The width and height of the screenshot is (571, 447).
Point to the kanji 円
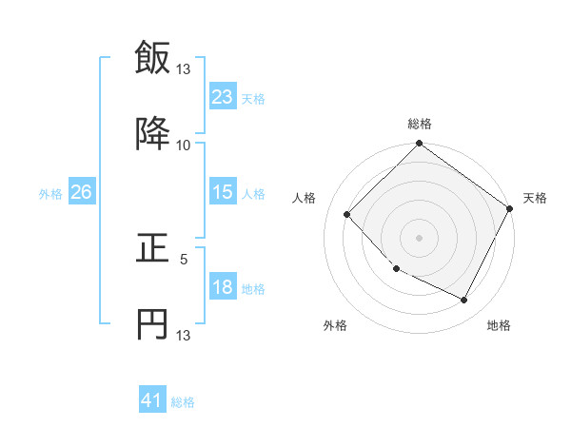click(x=152, y=324)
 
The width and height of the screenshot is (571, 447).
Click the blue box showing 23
click(x=222, y=96)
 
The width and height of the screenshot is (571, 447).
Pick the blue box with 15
click(x=222, y=192)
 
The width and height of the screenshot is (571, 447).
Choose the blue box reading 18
click(x=222, y=287)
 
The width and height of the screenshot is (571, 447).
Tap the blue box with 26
click(x=81, y=192)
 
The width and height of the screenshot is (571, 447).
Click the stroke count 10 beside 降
click(x=184, y=145)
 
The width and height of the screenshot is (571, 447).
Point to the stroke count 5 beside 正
click(x=184, y=258)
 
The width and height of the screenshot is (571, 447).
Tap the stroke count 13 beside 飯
click(x=184, y=68)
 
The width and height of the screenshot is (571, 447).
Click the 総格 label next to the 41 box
click(x=183, y=402)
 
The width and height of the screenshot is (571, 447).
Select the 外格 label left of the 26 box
click(x=50, y=193)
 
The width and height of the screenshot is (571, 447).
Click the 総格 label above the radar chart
click(x=419, y=124)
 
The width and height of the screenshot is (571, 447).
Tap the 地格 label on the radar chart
click(x=499, y=326)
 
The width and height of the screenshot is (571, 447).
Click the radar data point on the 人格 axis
click(x=347, y=214)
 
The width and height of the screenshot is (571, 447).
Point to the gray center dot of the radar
click(x=419, y=237)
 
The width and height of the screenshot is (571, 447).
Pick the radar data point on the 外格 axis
click(x=397, y=268)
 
